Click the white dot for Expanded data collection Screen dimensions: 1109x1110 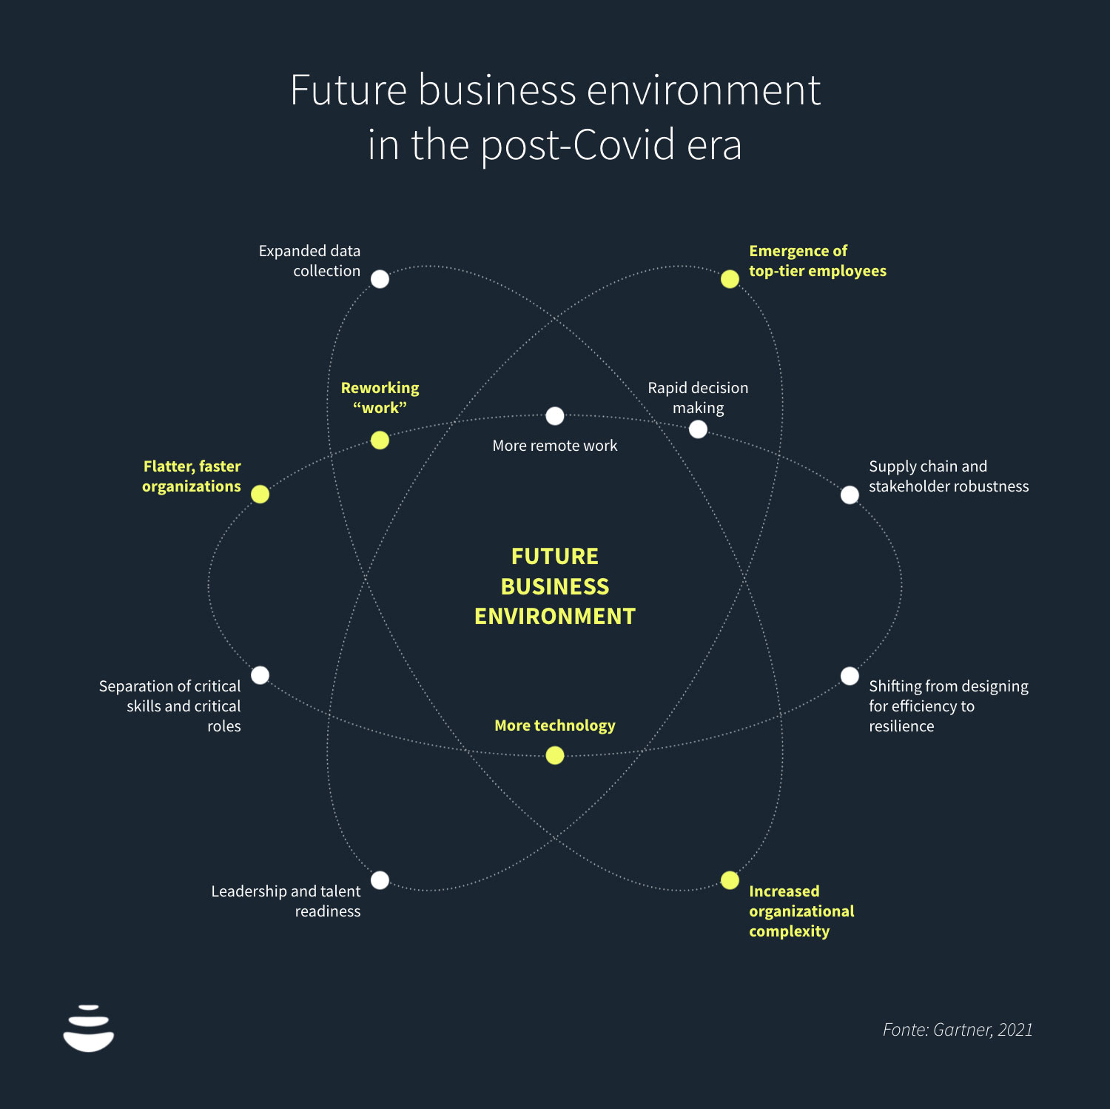(x=380, y=279)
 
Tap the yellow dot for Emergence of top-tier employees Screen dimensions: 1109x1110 (x=730, y=279)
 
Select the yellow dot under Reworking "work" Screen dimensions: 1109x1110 (x=380, y=440)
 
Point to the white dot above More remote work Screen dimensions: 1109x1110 (x=555, y=416)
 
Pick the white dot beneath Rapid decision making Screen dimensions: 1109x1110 (x=698, y=429)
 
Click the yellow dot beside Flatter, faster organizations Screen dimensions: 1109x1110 (x=260, y=494)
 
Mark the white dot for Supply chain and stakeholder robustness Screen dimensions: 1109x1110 (x=850, y=494)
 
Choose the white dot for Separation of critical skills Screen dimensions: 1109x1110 (x=260, y=675)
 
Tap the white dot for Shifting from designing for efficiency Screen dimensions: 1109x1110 (x=850, y=675)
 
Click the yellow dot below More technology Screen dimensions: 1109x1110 (x=555, y=755)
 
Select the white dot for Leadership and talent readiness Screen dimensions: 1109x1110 (x=380, y=880)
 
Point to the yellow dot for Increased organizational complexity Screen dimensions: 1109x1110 (x=730, y=880)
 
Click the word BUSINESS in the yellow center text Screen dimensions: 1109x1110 (x=555, y=586)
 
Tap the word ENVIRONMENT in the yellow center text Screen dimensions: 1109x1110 (x=555, y=616)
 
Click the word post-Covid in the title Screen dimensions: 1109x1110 (x=577, y=145)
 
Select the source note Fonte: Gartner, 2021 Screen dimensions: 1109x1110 (x=958, y=1029)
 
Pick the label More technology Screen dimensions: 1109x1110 (x=555, y=726)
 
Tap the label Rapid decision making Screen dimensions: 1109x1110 (x=698, y=398)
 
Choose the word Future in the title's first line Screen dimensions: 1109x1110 (x=349, y=90)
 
